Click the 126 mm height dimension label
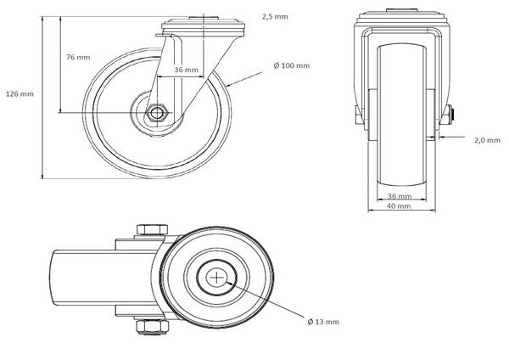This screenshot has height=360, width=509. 20,94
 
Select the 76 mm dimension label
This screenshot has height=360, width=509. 78,57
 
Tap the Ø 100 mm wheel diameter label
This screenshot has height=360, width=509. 292,65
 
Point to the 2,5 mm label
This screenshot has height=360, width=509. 275,17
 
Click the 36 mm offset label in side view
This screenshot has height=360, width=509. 186,70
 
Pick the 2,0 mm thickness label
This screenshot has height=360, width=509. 487,140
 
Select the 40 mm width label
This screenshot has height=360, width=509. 400,205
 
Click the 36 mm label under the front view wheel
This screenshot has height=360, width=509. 400,196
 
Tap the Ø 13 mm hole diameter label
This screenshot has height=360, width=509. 323,322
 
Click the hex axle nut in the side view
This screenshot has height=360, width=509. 157,113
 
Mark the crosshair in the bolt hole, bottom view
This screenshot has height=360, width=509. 216,278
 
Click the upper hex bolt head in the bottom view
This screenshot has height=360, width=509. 152,229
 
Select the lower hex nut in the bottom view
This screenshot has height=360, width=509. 152,327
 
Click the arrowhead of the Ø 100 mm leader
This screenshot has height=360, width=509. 228,86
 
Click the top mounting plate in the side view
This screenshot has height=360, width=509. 203,26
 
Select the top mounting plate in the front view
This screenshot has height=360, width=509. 402,18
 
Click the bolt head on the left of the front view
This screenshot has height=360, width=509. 358,115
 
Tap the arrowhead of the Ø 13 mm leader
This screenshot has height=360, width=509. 228,283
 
